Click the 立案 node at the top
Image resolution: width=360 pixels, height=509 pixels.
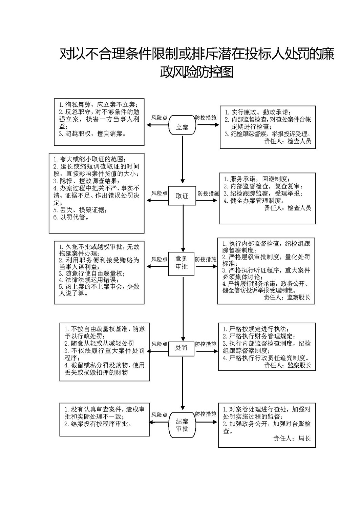[x=182, y=125]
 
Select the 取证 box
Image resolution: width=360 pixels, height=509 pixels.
[x=182, y=196]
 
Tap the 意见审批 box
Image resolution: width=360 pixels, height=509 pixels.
[x=181, y=264]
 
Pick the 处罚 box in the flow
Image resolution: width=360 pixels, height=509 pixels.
[x=181, y=348]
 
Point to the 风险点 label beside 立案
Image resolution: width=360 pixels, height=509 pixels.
[x=159, y=118]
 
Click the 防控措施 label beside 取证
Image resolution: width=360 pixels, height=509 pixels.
[x=208, y=194]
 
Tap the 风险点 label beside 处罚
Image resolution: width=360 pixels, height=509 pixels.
[x=159, y=344]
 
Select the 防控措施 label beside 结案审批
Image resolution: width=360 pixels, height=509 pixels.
[x=206, y=414]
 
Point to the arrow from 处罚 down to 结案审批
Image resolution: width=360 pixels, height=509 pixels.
[x=183, y=383]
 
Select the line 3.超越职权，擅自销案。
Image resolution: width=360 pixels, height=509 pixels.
[x=92, y=134]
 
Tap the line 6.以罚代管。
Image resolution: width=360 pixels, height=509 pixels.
[x=71, y=217]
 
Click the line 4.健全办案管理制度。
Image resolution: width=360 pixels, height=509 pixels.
[x=254, y=201]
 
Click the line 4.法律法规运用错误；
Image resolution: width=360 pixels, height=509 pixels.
[x=89, y=280]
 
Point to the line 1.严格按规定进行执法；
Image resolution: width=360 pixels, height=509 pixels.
[x=256, y=329]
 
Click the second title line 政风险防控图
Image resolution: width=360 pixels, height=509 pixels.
[x=197, y=72]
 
